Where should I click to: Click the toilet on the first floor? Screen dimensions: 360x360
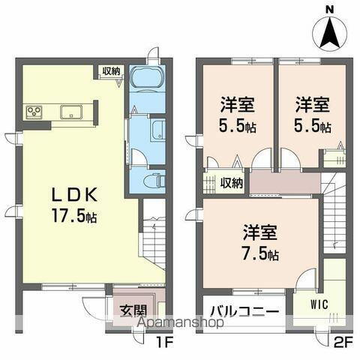click(152, 180)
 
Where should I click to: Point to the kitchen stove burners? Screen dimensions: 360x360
click(34, 113)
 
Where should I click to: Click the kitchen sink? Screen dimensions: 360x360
click(72, 113)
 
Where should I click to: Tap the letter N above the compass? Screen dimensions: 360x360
click(329, 8)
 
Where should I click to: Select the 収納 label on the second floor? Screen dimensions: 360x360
click(231, 183)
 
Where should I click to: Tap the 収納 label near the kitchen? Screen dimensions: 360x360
click(111, 71)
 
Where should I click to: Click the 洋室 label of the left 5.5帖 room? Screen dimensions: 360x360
click(236, 103)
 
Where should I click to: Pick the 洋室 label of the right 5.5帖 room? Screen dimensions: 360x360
click(310, 103)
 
